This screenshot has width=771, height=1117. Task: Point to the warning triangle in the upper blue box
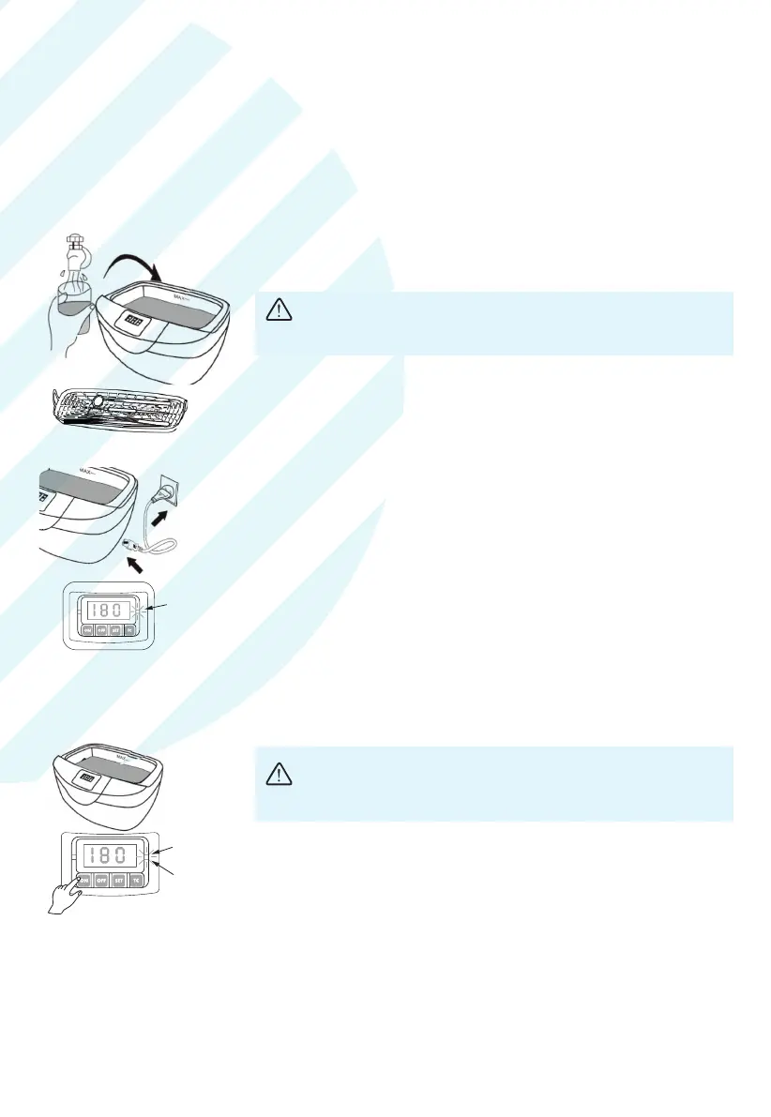(x=278, y=310)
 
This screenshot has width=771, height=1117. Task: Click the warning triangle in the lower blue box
(x=278, y=773)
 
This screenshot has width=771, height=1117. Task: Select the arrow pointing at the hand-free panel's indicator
(x=155, y=611)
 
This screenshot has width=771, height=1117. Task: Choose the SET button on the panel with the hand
(x=118, y=881)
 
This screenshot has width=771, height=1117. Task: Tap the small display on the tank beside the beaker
(x=133, y=321)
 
